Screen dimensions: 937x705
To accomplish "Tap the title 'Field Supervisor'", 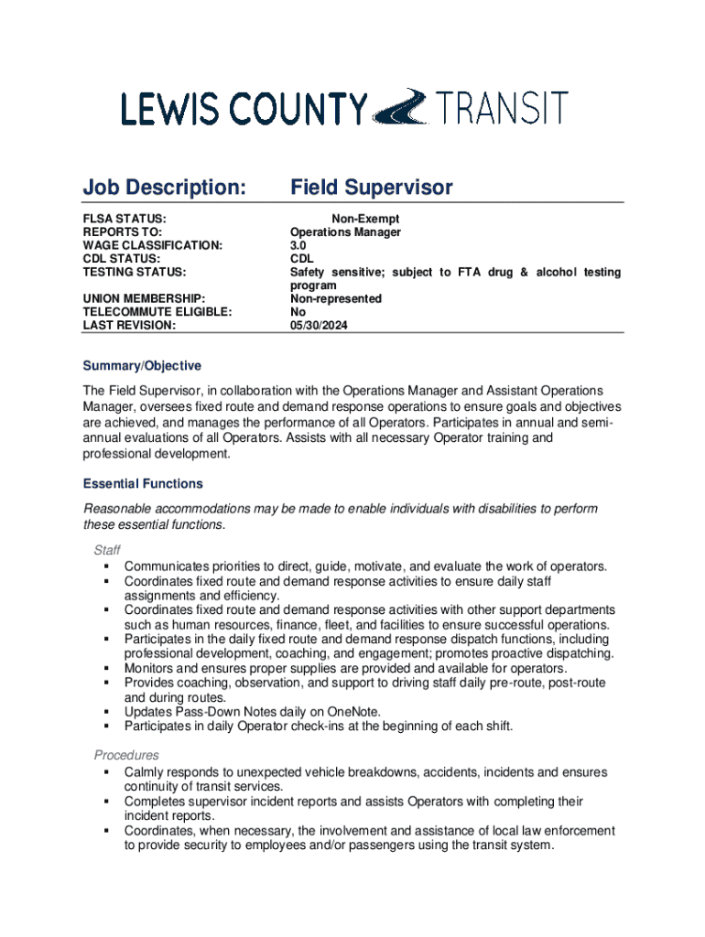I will (371, 188).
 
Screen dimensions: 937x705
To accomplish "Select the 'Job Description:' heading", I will (165, 188).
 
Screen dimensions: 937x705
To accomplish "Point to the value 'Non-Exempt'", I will (365, 220).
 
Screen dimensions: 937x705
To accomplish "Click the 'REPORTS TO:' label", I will (122, 232).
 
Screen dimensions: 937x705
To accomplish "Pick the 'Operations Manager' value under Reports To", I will (345, 232).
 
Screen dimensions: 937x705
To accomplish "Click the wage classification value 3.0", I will (299, 245).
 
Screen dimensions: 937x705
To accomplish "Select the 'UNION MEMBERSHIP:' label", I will (143, 298).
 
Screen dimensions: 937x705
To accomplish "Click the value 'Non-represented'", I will (336, 298).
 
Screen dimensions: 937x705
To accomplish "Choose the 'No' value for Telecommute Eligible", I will (298, 311).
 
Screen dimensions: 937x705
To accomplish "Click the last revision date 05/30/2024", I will (320, 325).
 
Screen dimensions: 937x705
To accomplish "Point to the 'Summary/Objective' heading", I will (142, 366).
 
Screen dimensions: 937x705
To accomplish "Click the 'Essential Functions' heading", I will (143, 483).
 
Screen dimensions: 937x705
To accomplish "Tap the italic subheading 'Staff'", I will (107, 550).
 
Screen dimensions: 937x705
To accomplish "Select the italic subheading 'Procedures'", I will (126, 755).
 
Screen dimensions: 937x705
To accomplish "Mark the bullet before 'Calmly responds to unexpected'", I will (107, 772).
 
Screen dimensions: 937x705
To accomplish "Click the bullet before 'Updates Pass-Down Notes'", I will (107, 712).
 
